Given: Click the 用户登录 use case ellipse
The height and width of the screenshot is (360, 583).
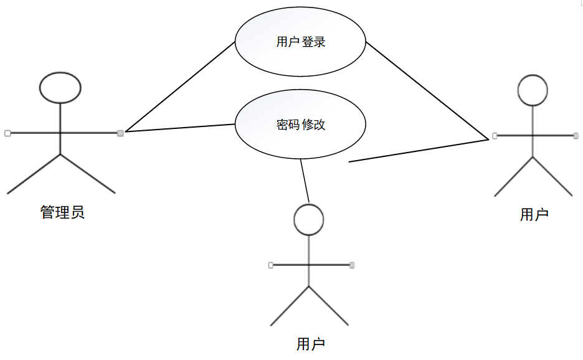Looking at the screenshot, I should (x=300, y=42).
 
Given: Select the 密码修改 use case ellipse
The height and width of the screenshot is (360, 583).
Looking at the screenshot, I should (x=300, y=125).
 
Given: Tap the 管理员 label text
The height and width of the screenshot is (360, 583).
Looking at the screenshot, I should (x=62, y=212).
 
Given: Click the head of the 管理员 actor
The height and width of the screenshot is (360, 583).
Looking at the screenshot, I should (x=60, y=87).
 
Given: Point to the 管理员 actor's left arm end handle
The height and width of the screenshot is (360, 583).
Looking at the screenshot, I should (x=7, y=133).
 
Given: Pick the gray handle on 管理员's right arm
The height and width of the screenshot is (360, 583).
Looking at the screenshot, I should (x=120, y=133).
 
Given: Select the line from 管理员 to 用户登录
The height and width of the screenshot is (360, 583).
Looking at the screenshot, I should (x=181, y=87).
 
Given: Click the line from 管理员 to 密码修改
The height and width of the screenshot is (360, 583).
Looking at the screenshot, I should (x=181, y=128).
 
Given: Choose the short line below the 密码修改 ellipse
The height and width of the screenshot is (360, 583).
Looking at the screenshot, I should (x=305, y=181).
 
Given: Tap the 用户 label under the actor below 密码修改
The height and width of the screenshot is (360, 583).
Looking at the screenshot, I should (x=311, y=344).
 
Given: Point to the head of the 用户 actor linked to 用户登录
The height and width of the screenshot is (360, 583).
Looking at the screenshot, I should (x=533, y=90).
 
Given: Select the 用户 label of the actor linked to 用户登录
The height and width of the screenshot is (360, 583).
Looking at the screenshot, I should (x=534, y=215).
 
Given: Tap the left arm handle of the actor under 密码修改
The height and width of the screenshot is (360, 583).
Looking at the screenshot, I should (x=271, y=265).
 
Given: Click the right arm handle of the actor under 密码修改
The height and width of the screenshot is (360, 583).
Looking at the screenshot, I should (x=352, y=265).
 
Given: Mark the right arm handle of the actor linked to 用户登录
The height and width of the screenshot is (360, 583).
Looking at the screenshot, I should (x=577, y=135).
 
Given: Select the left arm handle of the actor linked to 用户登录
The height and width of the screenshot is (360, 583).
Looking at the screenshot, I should (x=495, y=135).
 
